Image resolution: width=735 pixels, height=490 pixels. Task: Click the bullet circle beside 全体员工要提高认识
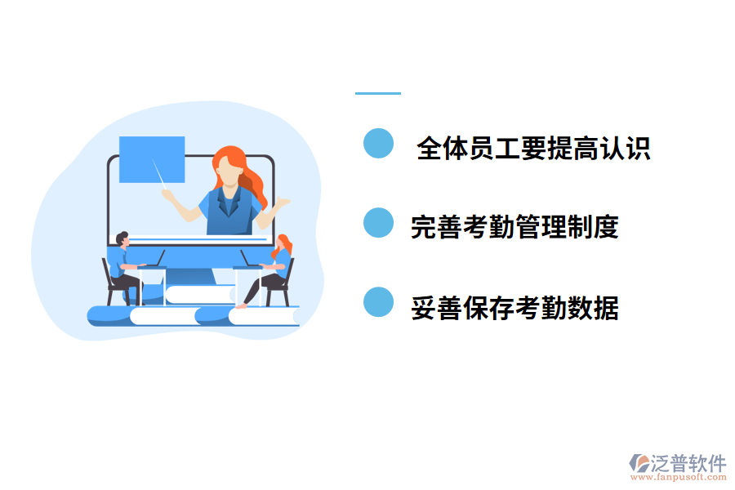(378, 143)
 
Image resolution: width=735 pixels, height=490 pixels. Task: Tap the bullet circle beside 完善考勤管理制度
(378, 223)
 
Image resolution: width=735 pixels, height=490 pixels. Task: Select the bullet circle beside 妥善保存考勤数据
(378, 302)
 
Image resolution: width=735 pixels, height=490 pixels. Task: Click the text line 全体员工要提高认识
(532, 148)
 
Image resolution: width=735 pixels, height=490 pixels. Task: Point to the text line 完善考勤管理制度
(514, 227)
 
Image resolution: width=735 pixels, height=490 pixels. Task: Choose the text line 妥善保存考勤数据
(514, 308)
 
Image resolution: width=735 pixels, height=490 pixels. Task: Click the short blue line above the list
(378, 93)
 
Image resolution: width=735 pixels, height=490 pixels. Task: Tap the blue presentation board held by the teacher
(151, 159)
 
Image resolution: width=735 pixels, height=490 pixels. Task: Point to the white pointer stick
(160, 174)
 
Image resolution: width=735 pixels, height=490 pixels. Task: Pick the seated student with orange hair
(274, 269)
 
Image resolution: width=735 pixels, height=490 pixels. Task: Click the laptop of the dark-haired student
(155, 260)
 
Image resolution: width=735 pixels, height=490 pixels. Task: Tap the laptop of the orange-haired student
(247, 260)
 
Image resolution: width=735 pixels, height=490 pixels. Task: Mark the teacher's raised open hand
(283, 203)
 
